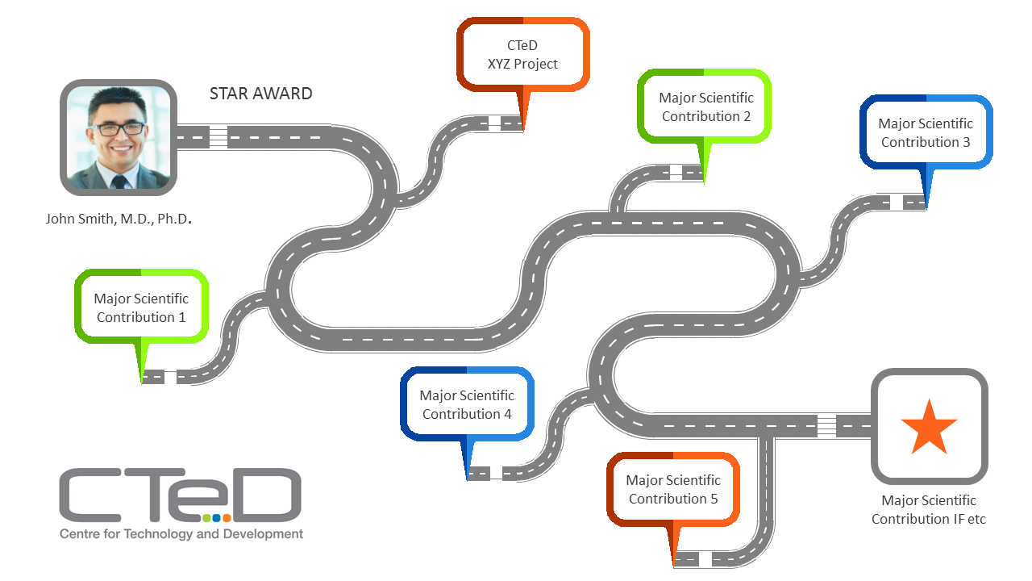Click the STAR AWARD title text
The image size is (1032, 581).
click(260, 94)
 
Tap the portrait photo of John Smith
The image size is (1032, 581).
click(119, 137)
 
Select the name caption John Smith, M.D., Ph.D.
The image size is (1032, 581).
click(119, 219)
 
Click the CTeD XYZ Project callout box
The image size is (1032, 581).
click(523, 54)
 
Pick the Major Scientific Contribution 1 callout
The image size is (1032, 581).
click(141, 307)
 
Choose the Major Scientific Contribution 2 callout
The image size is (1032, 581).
click(705, 107)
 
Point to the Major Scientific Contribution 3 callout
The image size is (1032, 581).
click(926, 132)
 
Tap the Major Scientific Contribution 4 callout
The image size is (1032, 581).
click(467, 404)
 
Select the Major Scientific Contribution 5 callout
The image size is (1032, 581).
click(673, 489)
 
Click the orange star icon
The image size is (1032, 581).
click(930, 428)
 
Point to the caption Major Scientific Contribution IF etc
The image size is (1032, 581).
click(929, 509)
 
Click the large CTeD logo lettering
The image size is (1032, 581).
click(180, 495)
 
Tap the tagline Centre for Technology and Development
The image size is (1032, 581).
click(181, 534)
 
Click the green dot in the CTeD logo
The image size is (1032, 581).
click(206, 518)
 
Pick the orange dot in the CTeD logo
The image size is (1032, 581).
click(227, 518)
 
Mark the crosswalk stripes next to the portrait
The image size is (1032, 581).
click(218, 137)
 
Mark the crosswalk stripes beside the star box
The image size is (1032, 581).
click(826, 425)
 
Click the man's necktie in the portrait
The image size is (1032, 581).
click(119, 182)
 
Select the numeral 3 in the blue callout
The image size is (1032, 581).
click(967, 142)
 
